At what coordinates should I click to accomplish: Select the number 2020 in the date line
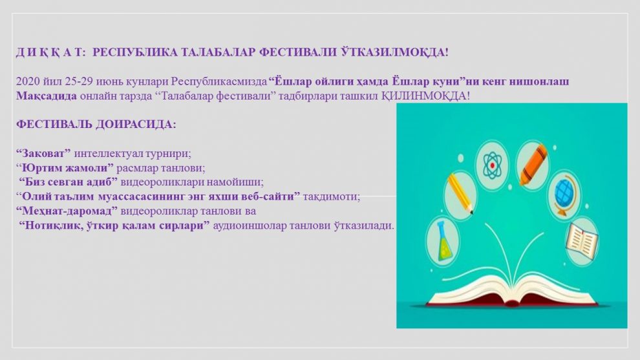[x=28, y=81]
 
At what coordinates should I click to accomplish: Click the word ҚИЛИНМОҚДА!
[x=426, y=96]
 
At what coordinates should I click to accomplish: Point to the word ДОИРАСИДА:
[x=136, y=125]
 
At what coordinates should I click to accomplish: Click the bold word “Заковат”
[x=43, y=154]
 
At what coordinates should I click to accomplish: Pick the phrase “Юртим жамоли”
[x=65, y=168]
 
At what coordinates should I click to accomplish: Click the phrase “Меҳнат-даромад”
[x=67, y=211]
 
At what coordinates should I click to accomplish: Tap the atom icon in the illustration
[x=492, y=165]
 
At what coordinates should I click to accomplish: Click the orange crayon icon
[x=533, y=165]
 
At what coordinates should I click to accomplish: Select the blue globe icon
[x=564, y=195]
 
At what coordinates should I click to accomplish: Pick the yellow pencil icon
[x=460, y=195]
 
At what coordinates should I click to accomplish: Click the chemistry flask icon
[x=443, y=242]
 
